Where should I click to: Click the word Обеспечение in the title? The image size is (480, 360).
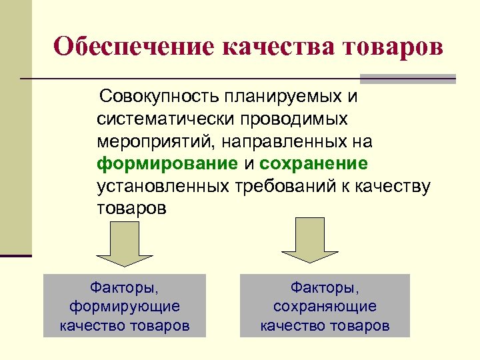[x=133, y=47]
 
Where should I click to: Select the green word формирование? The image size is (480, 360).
[x=167, y=163]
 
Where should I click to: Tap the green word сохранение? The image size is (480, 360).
[x=313, y=163]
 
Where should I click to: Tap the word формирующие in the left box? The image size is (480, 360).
[x=125, y=307]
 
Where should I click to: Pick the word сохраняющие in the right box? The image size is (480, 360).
[x=325, y=307]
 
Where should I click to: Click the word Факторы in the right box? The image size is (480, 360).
[x=325, y=287]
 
